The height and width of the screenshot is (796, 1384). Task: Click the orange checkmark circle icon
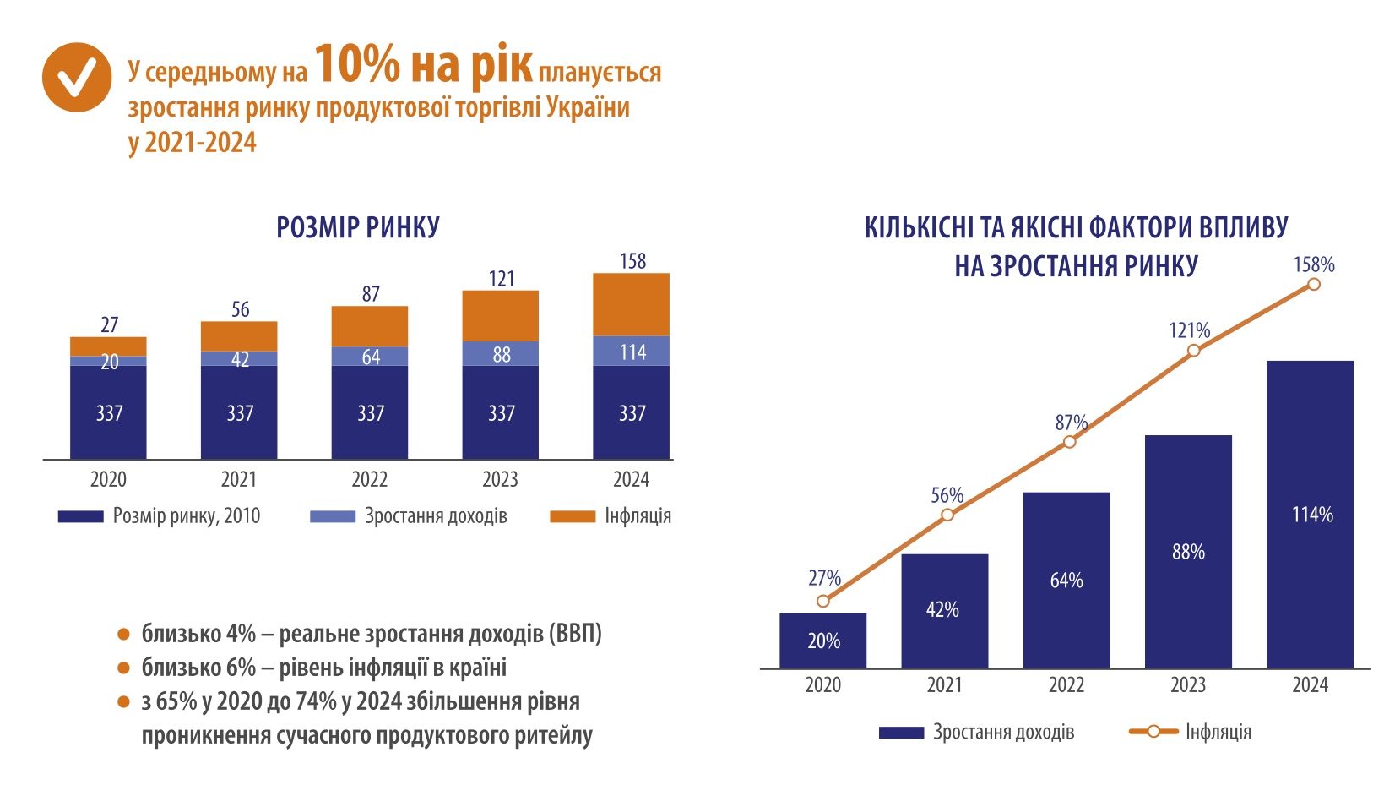click(x=77, y=77)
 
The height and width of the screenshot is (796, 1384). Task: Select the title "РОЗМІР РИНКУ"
click(x=358, y=227)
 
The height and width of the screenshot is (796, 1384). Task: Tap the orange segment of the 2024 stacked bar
click(x=632, y=304)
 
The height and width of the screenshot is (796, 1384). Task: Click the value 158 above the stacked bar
click(x=632, y=261)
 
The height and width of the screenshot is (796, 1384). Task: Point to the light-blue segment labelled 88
click(x=501, y=354)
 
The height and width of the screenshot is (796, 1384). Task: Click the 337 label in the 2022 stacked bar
click(x=371, y=413)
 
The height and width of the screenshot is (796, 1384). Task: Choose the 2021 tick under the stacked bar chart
click(x=239, y=480)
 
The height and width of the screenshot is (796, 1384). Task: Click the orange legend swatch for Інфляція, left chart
click(x=572, y=516)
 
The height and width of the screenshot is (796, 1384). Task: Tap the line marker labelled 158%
click(x=1314, y=285)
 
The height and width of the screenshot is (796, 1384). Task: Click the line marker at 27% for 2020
click(x=823, y=601)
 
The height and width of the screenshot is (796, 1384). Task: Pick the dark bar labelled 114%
click(x=1311, y=514)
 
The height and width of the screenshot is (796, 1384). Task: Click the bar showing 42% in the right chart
click(x=944, y=610)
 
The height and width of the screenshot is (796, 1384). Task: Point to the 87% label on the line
click(x=1071, y=423)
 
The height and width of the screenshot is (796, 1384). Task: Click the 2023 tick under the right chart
click(x=1188, y=685)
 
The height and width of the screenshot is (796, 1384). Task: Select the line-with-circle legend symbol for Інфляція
click(x=1153, y=732)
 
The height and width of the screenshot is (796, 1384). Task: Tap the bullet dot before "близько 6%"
click(x=124, y=668)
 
